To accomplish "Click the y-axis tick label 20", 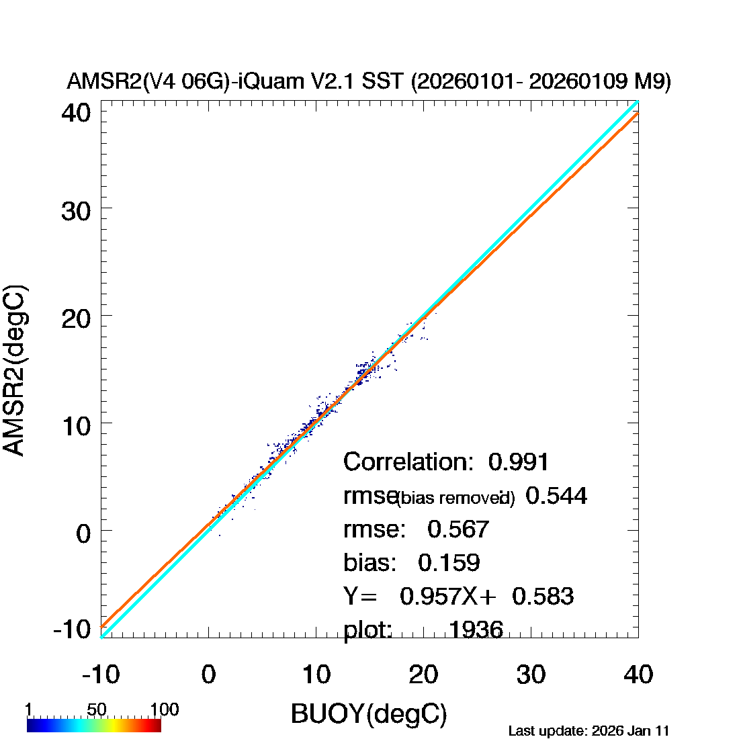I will coord(75,317).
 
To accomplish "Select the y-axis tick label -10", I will coord(71,629).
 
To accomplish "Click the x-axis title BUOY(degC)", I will coord(369,714).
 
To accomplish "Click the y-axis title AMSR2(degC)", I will coord(15,371).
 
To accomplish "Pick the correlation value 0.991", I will coord(519,462).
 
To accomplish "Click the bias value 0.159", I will coord(449,562).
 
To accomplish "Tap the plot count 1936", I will coord(476,629).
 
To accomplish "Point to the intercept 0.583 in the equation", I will coord(543,596).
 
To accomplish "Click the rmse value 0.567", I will coord(458,529).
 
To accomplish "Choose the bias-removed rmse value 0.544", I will coord(556,496).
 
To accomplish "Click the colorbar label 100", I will coord(164,710).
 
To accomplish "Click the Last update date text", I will coord(589,730).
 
